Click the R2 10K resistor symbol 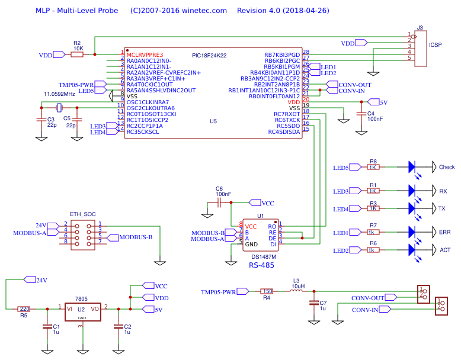pos(77,54)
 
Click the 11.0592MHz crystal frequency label pos(59,94)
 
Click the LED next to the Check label pos(413,167)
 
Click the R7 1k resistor pos(373,232)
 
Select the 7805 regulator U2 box pos(82,309)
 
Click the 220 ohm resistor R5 pos(24,308)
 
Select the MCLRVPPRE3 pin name pos(145,54)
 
